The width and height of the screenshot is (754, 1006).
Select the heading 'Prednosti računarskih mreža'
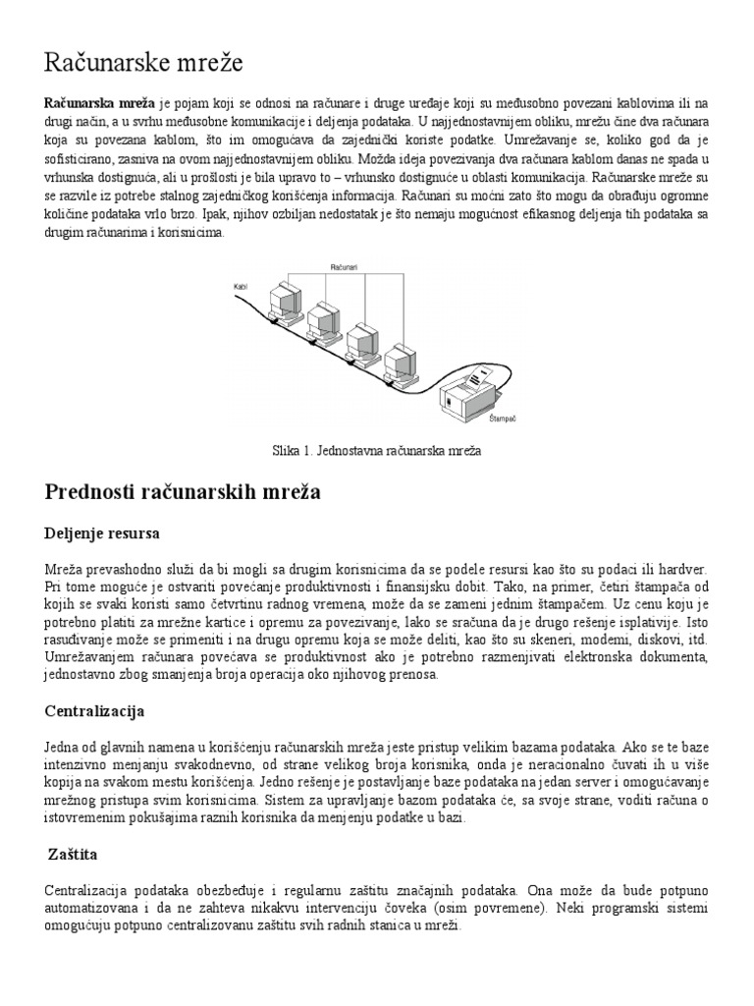point(183,491)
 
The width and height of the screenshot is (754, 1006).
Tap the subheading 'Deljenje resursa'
point(102,533)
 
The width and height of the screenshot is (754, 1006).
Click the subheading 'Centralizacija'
point(95,708)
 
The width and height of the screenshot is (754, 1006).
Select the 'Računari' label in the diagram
point(344,266)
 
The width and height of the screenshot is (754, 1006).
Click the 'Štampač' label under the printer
point(502,418)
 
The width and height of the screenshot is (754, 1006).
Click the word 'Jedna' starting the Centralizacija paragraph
point(64,746)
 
